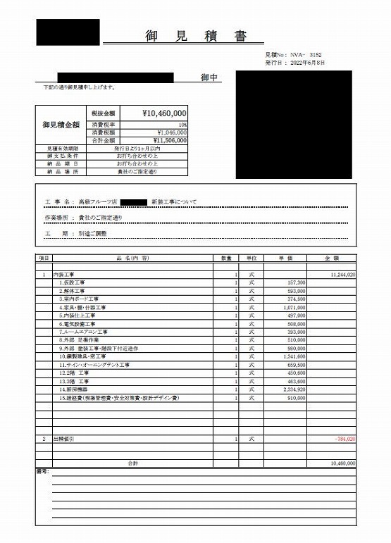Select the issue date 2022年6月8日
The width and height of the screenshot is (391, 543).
click(x=305, y=63)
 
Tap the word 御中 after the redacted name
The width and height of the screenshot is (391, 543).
click(x=209, y=76)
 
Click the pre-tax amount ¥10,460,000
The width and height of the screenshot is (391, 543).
click(x=163, y=113)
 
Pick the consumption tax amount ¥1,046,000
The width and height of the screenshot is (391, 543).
click(x=168, y=132)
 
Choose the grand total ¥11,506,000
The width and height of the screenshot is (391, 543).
click(x=168, y=140)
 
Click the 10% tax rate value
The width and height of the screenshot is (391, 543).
click(x=182, y=123)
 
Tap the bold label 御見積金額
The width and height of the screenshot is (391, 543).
click(x=61, y=125)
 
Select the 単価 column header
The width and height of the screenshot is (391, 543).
click(x=286, y=258)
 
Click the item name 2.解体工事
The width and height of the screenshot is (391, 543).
click(x=73, y=290)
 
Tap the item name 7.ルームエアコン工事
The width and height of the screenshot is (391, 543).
click(x=84, y=331)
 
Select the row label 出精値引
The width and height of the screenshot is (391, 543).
click(x=64, y=438)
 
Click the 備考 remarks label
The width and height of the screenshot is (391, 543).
click(x=42, y=470)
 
